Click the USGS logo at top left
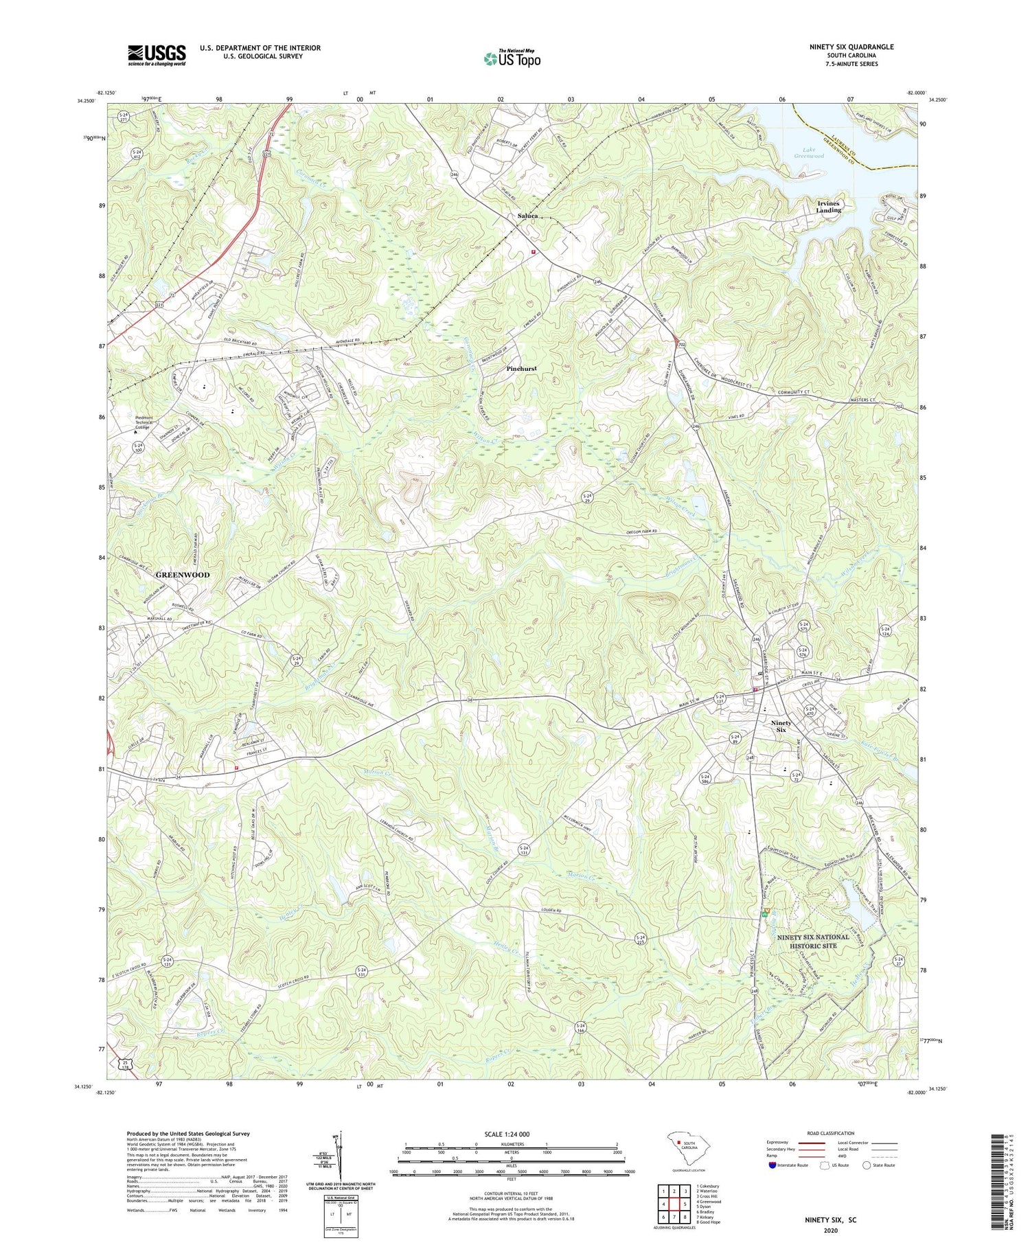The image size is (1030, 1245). [157, 55]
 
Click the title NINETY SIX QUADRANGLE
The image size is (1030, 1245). [851, 47]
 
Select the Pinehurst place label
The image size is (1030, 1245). [521, 369]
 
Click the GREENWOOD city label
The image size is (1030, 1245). [183, 574]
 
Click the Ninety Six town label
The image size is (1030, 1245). [781, 726]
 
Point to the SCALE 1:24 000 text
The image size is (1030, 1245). [511, 1134]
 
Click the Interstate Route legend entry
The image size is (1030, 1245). [790, 1165]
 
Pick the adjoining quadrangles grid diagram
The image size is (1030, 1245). [674, 1202]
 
